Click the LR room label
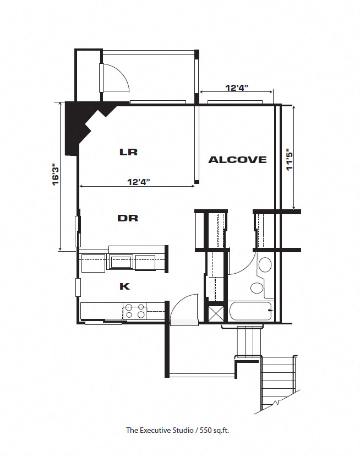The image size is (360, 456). point(128,151)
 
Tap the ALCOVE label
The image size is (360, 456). point(237,160)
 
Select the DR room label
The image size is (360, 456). point(128,218)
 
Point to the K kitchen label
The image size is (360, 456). point(125,286)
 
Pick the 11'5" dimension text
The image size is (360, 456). point(290,160)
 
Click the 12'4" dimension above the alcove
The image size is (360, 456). point(237,87)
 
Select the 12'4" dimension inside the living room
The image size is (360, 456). point(138,181)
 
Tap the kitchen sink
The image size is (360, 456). point(121,261)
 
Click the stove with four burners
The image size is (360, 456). point(134,311)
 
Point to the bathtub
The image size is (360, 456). point(251,312)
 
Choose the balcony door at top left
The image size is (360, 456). point(114,78)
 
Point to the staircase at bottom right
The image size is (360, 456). point(279,383)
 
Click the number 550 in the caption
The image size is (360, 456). point(203,430)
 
